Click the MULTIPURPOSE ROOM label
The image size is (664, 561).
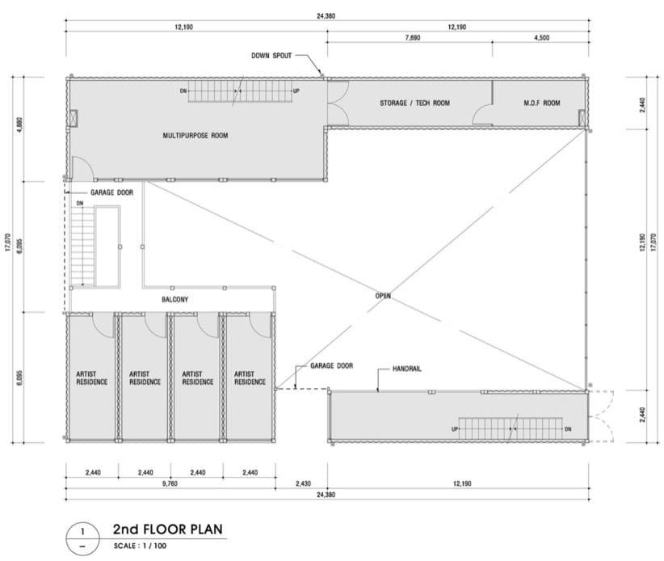195,136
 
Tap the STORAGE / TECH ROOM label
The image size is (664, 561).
414,103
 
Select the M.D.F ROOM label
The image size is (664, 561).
541,103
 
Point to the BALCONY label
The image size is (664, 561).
175,300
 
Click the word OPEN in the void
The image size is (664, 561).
383,296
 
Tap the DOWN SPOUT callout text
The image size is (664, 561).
271,56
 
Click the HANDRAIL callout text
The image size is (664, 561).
407,369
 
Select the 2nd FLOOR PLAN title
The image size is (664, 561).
168,529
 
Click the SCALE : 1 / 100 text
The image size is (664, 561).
141,546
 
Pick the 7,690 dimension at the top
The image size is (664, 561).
413,38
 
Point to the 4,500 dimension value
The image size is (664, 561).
541,38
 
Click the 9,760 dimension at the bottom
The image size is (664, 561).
170,483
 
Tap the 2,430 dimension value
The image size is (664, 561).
303,483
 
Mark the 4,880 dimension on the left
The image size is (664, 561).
20,124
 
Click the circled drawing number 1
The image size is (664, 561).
82,531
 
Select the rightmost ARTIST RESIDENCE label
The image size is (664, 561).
250,378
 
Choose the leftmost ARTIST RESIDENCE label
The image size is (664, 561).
92,378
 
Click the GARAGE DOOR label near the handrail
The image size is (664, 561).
331,365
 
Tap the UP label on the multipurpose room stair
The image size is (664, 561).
296,91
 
